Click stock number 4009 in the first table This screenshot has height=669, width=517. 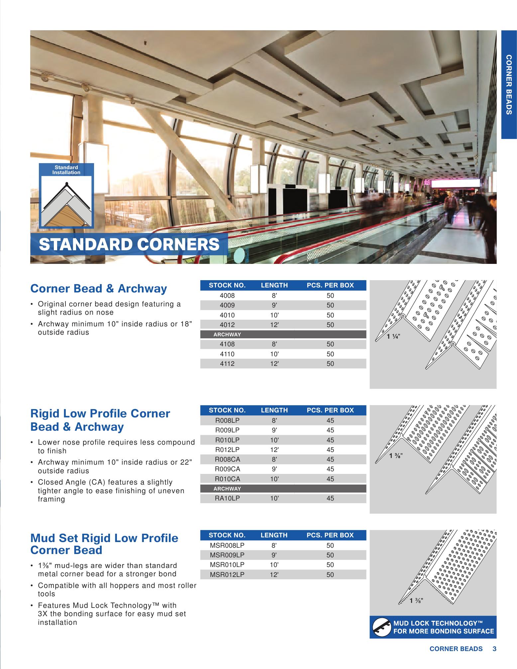227,305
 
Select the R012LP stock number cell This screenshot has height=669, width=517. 227,450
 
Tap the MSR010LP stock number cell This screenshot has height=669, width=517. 227,565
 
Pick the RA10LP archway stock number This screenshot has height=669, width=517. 227,498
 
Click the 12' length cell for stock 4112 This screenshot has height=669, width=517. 274,364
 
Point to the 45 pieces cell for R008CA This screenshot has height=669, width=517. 330,459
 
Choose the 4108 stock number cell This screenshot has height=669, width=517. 227,344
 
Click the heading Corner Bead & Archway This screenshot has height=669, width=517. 98,288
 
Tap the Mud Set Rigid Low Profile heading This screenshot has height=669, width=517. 104,544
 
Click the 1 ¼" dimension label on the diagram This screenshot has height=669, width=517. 394,336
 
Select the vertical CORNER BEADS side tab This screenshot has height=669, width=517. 509,85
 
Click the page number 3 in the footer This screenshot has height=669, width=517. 494,648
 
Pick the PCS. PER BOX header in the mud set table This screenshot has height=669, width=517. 330,535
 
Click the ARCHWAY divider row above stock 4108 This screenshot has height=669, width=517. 227,334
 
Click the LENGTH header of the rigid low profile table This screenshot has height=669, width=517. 274,410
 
